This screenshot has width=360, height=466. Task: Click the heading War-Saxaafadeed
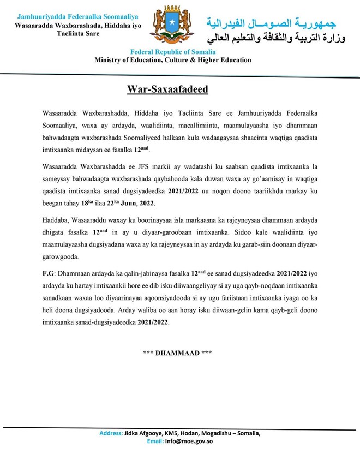click(x=168, y=89)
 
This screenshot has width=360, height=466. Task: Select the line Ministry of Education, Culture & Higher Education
click(x=173, y=61)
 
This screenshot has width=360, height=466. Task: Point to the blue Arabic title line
click(x=272, y=23)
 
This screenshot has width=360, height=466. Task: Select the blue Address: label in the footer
click(x=111, y=433)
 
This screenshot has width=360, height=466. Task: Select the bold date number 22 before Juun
click(x=112, y=204)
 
